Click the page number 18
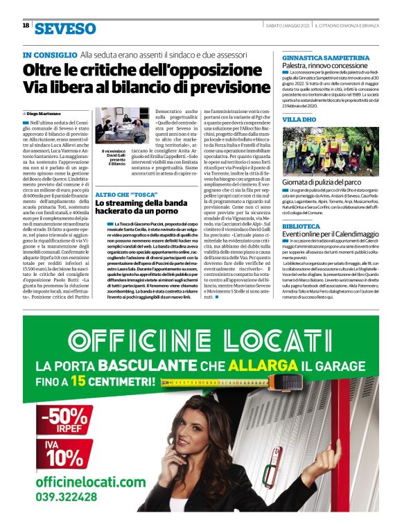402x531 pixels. point(26,26)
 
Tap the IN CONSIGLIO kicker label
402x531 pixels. point(49,54)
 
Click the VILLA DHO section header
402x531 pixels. point(299,119)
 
